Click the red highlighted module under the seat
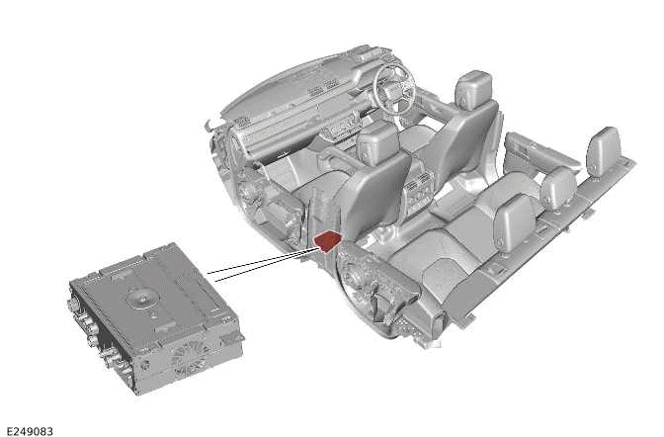(x=328, y=241)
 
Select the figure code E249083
(x=30, y=431)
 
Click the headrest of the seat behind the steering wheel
(x=474, y=90)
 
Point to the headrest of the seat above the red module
(x=377, y=141)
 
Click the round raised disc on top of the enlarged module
(x=143, y=298)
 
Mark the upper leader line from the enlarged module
(x=261, y=262)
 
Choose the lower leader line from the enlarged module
(x=267, y=265)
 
